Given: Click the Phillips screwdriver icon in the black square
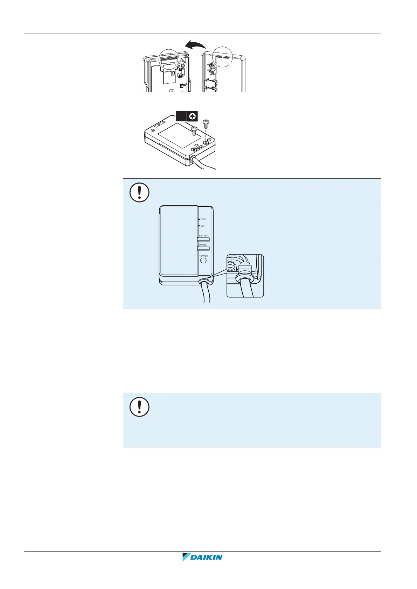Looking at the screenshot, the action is (x=192, y=116).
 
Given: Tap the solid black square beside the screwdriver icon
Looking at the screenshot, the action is (x=181, y=116).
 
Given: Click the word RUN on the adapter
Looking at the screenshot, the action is (x=203, y=219).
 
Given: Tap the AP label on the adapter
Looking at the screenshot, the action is (x=203, y=226).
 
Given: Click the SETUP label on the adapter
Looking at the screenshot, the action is (x=203, y=236).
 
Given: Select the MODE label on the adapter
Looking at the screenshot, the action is (x=203, y=245).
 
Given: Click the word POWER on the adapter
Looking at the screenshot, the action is (x=203, y=256).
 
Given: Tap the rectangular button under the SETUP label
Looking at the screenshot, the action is (x=203, y=240).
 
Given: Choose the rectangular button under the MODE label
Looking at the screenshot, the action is (x=203, y=249).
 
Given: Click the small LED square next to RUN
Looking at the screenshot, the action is (x=199, y=219).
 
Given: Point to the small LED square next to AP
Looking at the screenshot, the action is (x=199, y=226).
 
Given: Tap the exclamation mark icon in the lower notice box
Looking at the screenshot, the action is (x=139, y=406).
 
